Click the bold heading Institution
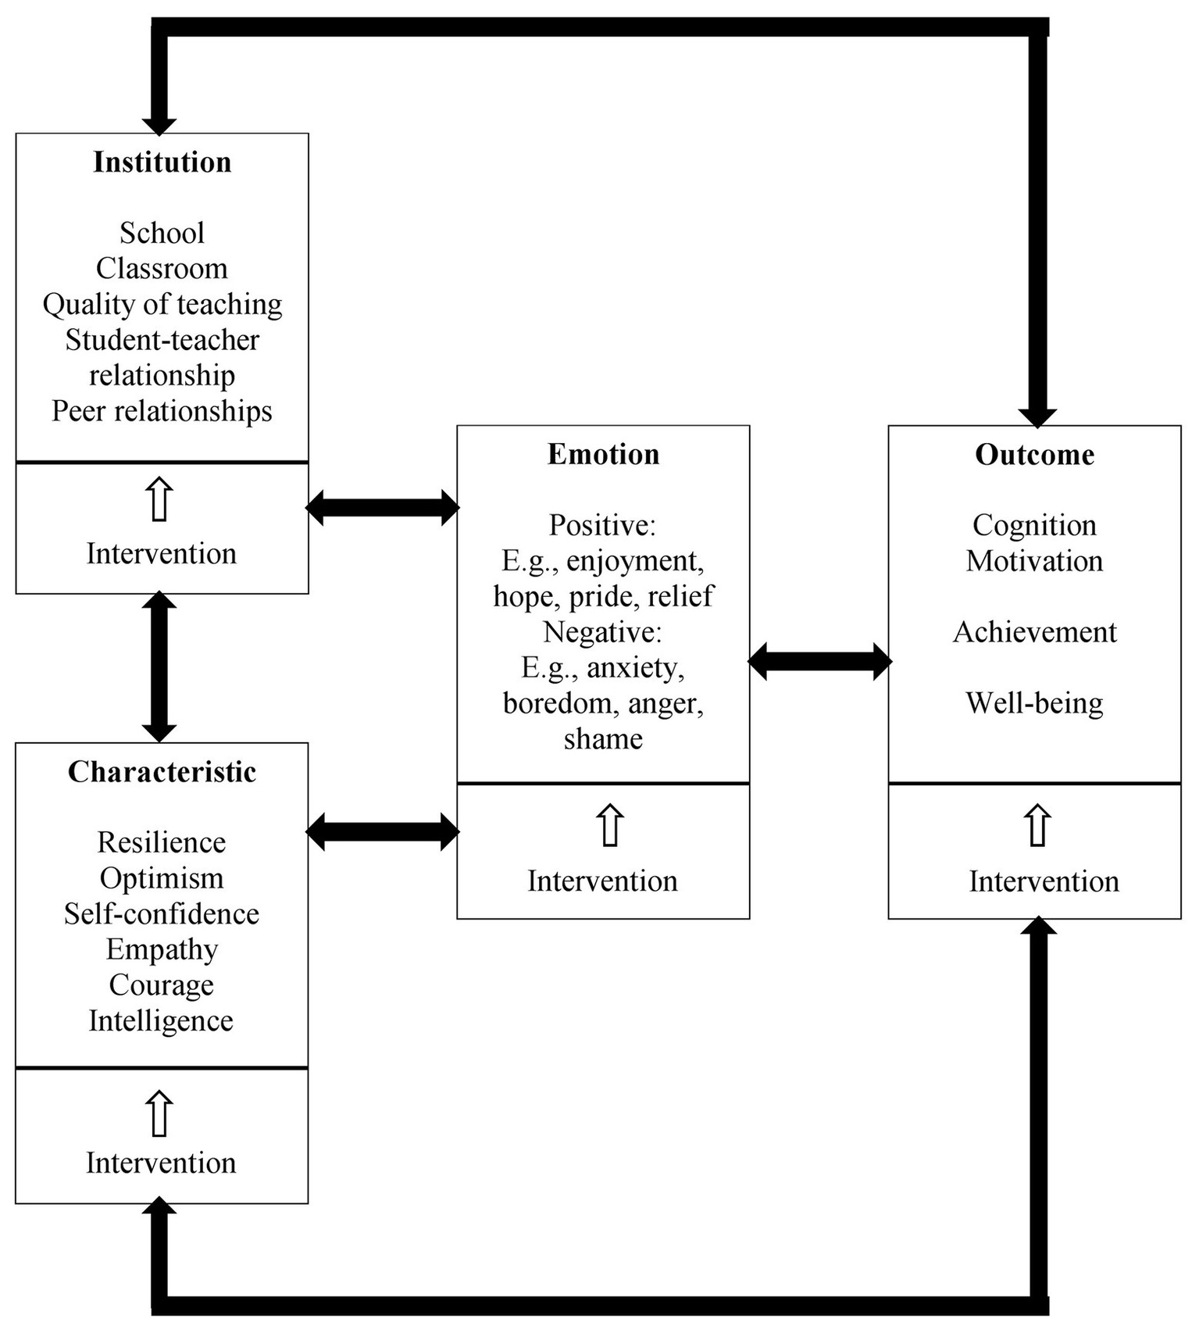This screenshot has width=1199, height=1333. (162, 163)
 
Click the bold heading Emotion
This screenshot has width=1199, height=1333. (603, 455)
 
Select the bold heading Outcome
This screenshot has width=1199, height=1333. (1034, 455)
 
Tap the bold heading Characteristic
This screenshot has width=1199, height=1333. (162, 772)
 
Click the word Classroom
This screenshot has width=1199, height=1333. (162, 269)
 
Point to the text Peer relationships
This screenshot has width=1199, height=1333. (162, 411)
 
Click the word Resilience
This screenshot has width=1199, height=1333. (162, 842)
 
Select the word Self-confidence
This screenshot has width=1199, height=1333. (162, 914)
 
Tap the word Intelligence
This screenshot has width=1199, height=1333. (161, 1021)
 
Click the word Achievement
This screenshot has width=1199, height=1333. (1034, 632)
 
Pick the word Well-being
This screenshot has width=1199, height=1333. (1034, 703)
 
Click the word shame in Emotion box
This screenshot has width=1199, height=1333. (603, 739)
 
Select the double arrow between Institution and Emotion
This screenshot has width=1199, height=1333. (382, 508)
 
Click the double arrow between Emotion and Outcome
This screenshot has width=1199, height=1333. (819, 662)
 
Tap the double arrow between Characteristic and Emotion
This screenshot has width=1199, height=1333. (382, 831)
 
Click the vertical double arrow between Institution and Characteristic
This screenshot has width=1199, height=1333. (159, 667)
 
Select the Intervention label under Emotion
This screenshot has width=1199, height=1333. (602, 881)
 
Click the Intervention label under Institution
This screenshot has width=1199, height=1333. (161, 554)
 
